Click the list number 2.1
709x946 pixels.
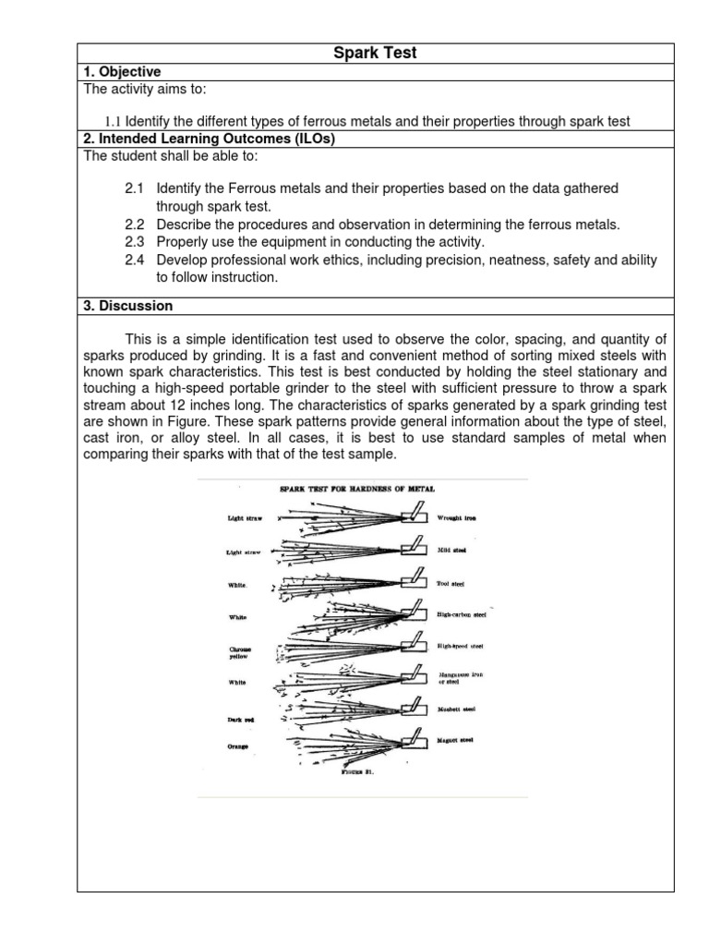tap(135, 188)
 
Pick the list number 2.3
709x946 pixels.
tap(135, 242)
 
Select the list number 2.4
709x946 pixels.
tap(135, 261)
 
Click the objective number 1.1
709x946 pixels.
tap(113, 121)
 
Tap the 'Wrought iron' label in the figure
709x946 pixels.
tap(457, 518)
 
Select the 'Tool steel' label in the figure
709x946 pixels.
tap(451, 583)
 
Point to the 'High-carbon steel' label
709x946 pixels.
tap(461, 612)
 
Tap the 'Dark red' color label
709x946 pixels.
tap(240, 718)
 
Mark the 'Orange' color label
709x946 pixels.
tap(238, 746)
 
